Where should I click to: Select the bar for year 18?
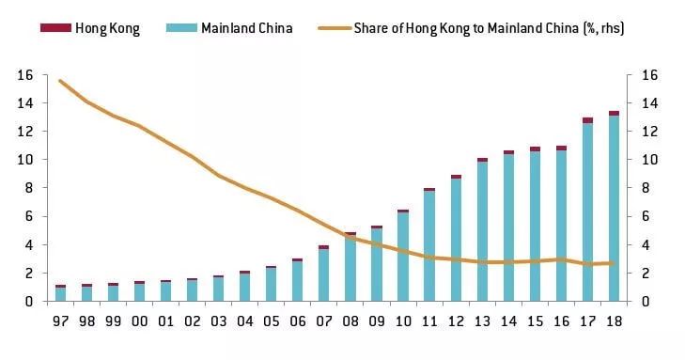(614, 207)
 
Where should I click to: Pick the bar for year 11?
(428, 244)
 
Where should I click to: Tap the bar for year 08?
(350, 267)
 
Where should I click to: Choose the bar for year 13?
(482, 230)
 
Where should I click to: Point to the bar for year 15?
(535, 225)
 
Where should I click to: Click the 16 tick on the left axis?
(26, 75)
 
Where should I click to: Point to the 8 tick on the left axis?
(29, 188)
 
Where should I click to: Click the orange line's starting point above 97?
(60, 81)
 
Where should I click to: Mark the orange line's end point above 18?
(614, 263)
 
